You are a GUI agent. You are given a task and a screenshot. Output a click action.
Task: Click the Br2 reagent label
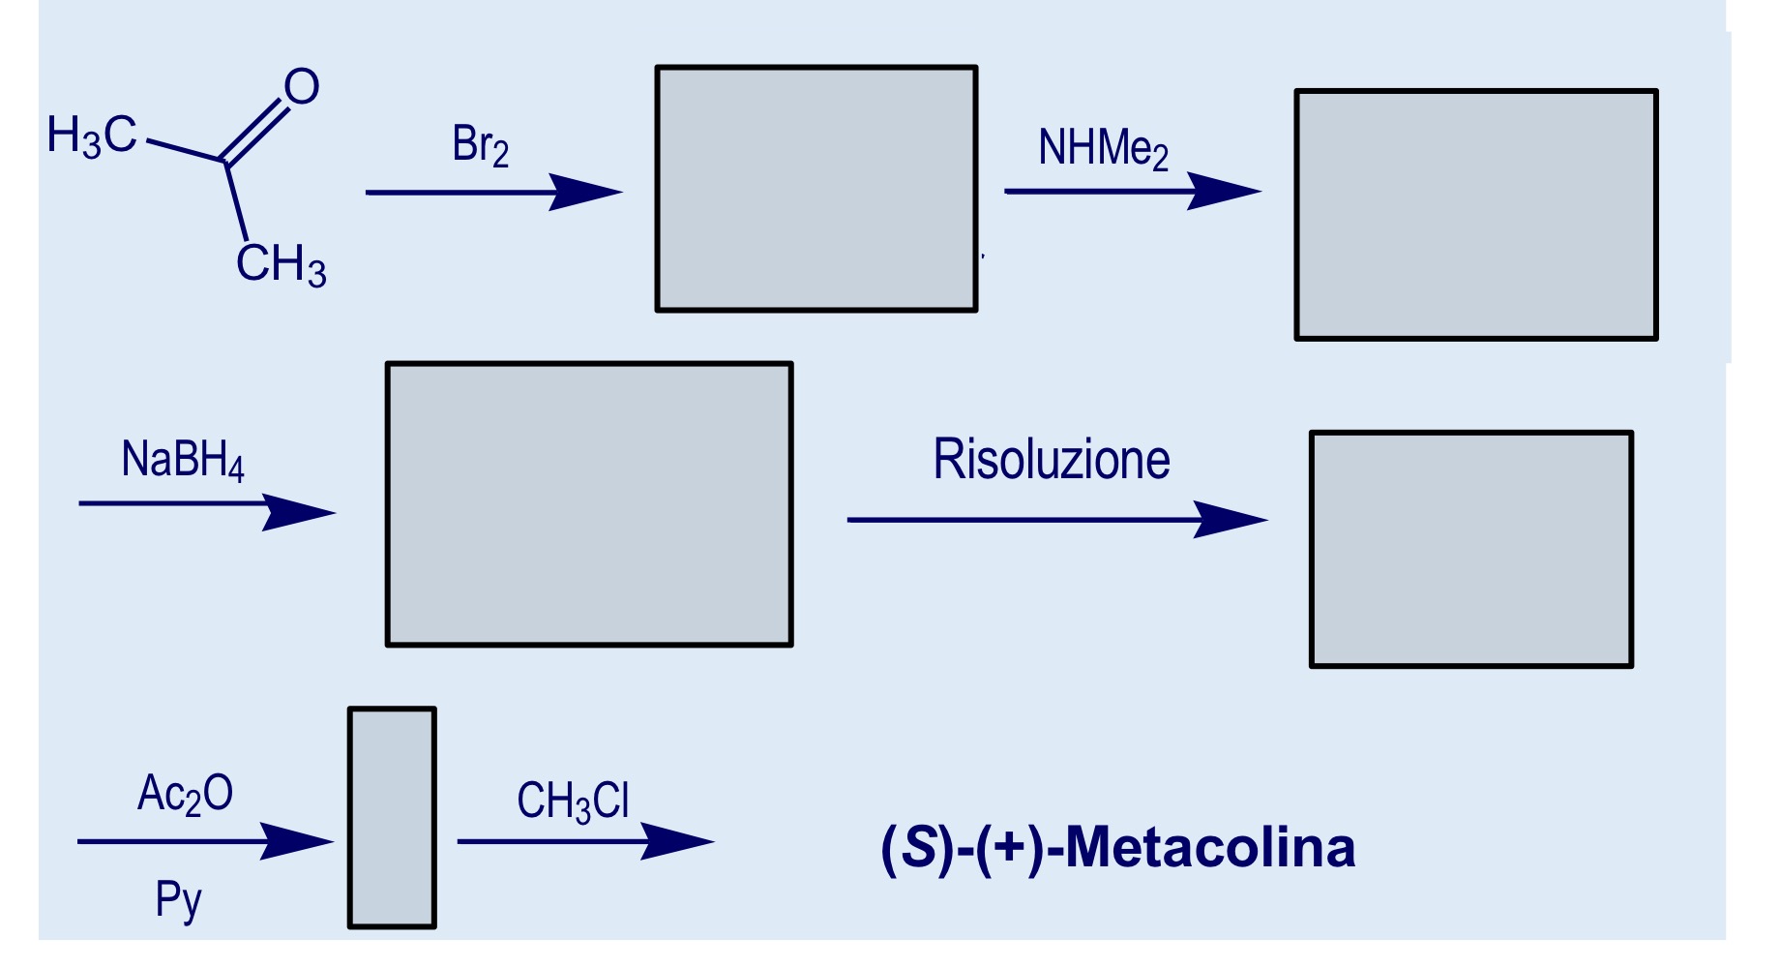click(480, 145)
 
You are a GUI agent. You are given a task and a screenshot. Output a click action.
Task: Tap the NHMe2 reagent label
click(1103, 149)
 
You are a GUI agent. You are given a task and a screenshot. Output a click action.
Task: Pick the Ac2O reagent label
click(185, 794)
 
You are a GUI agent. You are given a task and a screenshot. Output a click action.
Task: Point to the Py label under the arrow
click(178, 900)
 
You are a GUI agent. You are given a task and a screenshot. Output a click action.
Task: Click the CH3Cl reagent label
click(573, 802)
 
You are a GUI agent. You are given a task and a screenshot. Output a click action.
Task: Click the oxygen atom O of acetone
click(302, 87)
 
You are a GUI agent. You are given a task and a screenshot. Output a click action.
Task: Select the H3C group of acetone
click(92, 136)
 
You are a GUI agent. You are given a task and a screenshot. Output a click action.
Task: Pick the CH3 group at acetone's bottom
click(281, 263)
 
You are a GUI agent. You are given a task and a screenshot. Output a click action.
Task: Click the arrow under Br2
click(493, 193)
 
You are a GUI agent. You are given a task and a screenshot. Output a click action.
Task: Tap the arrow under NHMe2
click(1132, 192)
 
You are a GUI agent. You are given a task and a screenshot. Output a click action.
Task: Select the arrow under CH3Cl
click(584, 841)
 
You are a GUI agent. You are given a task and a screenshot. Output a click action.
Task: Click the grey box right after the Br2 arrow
click(816, 189)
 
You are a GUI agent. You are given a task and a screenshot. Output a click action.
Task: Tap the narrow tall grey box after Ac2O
click(392, 818)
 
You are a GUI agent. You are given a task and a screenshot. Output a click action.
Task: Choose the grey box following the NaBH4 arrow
click(589, 504)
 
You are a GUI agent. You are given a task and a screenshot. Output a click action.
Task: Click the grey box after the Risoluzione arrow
click(1470, 549)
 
